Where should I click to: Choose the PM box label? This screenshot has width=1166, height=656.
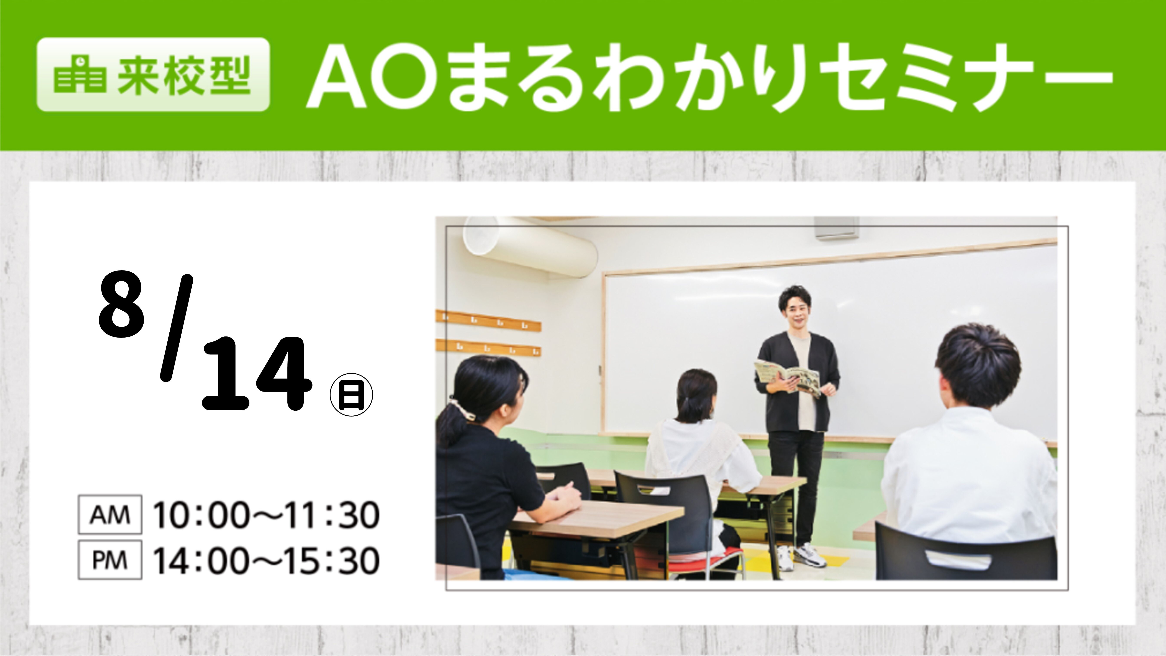point(110,560)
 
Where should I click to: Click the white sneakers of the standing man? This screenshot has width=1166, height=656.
point(800,556)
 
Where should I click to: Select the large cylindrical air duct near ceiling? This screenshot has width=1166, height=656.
point(530,247)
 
